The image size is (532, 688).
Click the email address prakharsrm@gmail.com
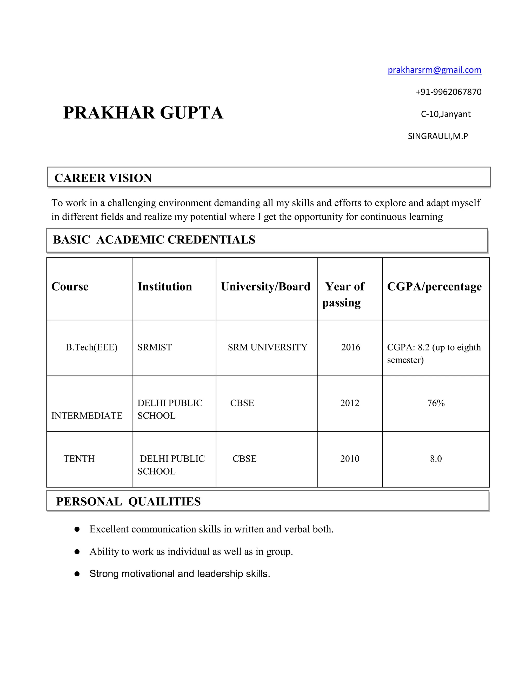click(x=434, y=70)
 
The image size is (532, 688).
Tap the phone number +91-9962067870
click(x=448, y=92)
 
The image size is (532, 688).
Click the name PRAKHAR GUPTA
click(x=143, y=113)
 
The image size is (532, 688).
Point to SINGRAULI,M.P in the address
click(x=438, y=136)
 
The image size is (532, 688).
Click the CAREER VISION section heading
click(x=103, y=178)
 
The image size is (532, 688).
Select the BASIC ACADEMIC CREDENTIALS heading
click(x=154, y=240)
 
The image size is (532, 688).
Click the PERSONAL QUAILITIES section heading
click(x=128, y=502)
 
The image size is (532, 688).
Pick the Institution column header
click(x=164, y=287)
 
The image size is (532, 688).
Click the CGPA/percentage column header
click(x=434, y=287)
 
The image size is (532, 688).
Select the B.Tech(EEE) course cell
click(x=91, y=347)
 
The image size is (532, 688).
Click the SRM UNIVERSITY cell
click(x=267, y=347)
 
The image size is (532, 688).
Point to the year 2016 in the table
click(x=350, y=347)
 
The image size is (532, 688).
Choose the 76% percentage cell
click(x=436, y=403)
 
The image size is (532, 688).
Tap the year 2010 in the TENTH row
click(x=350, y=459)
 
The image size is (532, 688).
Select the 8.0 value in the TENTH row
click(x=436, y=459)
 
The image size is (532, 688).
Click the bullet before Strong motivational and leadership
click(x=77, y=574)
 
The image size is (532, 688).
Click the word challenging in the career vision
click(x=131, y=203)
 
